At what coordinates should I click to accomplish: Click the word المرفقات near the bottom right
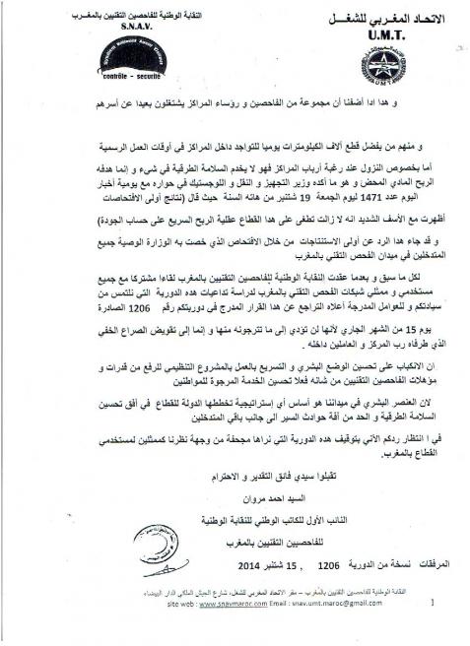425,568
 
